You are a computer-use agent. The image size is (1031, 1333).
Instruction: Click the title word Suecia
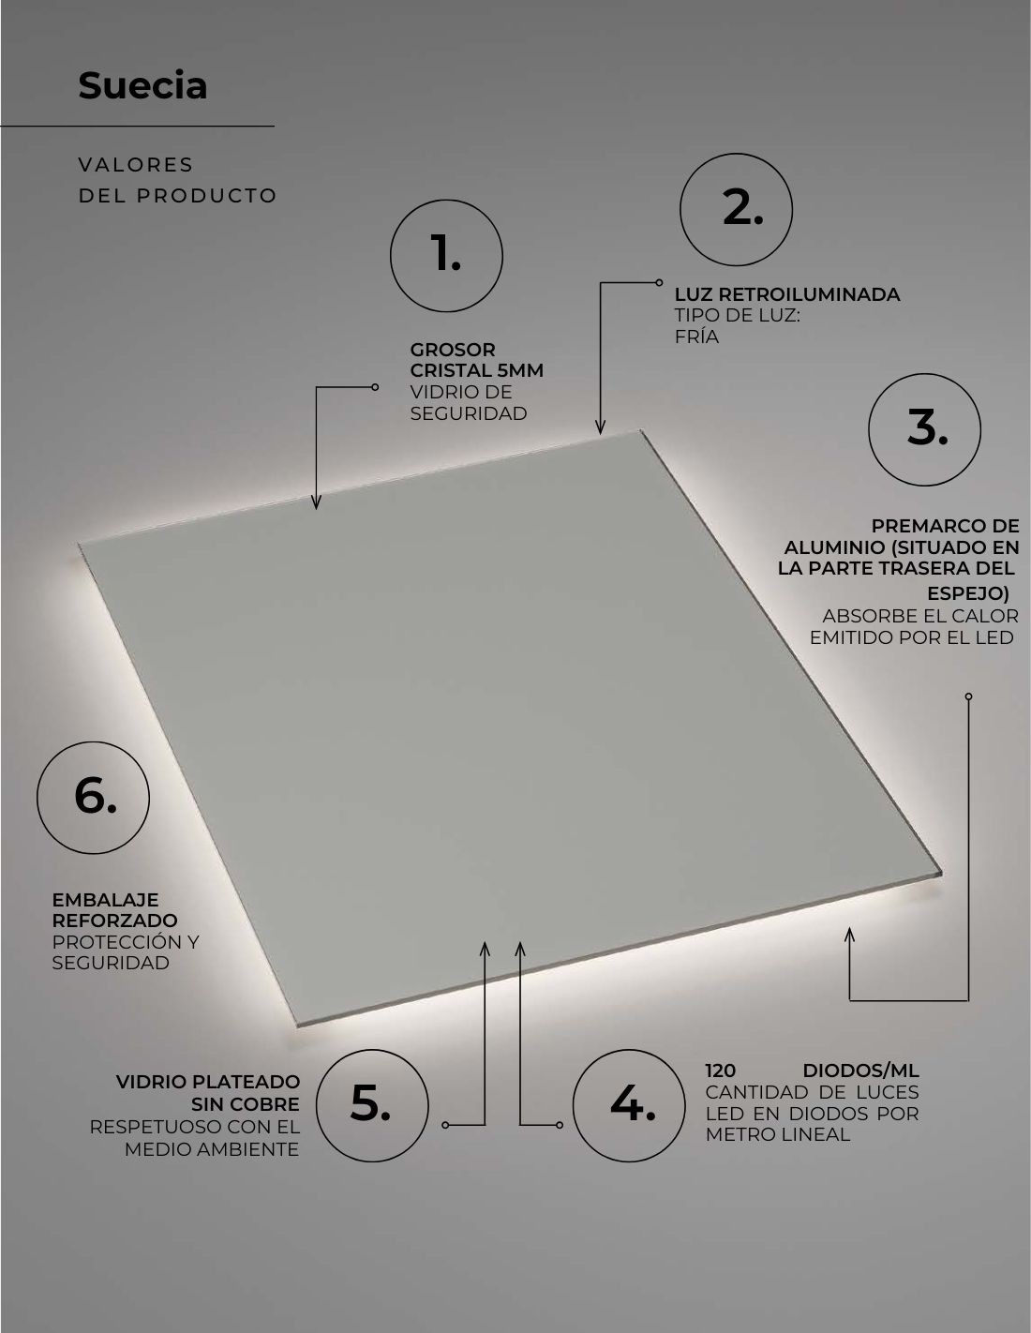(x=142, y=85)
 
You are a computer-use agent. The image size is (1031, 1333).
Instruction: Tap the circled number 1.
(x=446, y=255)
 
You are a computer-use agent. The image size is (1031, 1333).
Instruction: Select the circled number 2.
(x=736, y=210)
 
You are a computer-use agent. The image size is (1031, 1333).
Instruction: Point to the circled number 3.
(x=924, y=430)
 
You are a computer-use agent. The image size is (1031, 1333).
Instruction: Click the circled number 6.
(x=93, y=798)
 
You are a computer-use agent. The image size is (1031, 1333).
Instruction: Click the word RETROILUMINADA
(x=809, y=294)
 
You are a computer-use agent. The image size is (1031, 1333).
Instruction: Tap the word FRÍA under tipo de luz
(x=696, y=337)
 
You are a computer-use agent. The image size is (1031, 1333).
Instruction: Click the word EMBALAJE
(x=106, y=900)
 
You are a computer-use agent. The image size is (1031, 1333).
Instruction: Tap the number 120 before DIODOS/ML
(x=721, y=1071)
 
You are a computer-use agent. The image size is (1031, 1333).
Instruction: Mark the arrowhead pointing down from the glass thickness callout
(x=316, y=502)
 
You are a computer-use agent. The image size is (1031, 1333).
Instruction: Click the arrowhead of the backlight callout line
(x=601, y=427)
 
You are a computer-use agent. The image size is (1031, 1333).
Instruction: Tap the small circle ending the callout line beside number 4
(x=560, y=1125)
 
